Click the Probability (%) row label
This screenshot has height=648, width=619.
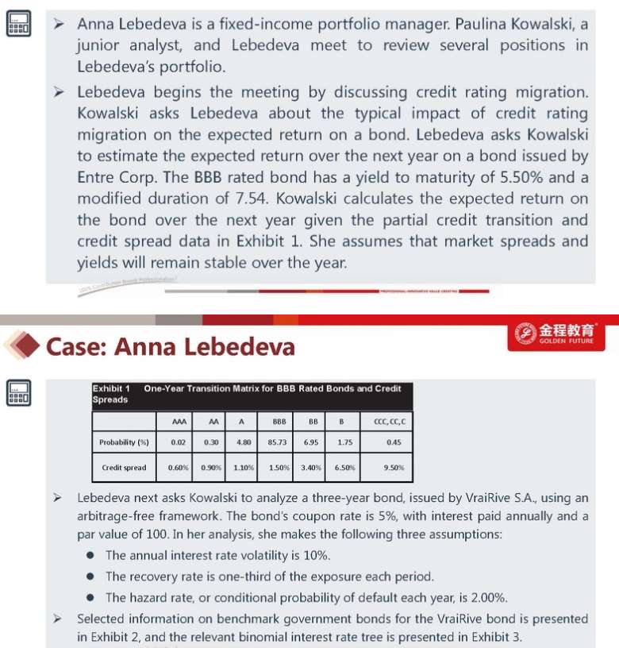coord(124,442)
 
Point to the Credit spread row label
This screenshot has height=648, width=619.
coord(124,468)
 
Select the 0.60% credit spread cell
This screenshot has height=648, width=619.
coord(179,468)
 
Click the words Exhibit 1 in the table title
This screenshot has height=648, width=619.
coord(112,388)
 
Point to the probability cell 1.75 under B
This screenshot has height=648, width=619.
coord(344,442)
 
